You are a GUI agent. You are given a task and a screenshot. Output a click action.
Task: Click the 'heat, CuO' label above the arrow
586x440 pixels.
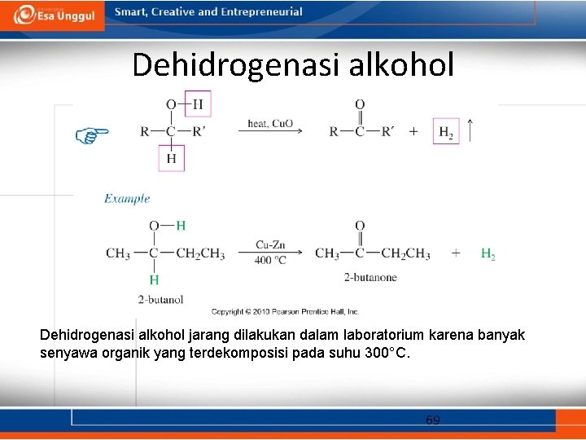click(x=270, y=123)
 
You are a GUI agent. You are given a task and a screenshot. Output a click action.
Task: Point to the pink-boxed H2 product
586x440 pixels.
click(x=446, y=131)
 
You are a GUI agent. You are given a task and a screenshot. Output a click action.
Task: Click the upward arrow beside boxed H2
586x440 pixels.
click(x=471, y=130)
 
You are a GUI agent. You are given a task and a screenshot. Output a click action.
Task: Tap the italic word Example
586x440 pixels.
click(x=127, y=198)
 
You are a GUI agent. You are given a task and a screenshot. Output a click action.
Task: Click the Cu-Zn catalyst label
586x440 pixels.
click(x=270, y=244)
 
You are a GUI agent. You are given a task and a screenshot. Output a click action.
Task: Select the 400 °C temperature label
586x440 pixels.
click(x=270, y=261)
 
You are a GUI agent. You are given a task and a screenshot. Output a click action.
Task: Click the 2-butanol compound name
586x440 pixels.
click(x=160, y=299)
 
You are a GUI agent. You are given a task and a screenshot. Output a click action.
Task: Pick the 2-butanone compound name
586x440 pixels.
click(x=370, y=277)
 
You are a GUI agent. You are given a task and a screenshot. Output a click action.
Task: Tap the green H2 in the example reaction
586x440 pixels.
click(x=488, y=254)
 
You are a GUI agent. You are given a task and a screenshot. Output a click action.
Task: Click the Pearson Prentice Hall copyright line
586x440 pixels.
click(x=285, y=311)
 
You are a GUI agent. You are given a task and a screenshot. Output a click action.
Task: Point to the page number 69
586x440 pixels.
click(x=433, y=420)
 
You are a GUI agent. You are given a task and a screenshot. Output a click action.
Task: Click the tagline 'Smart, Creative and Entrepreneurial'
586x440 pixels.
click(x=208, y=12)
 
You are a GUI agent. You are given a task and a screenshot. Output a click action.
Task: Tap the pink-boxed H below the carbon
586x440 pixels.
click(x=172, y=158)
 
